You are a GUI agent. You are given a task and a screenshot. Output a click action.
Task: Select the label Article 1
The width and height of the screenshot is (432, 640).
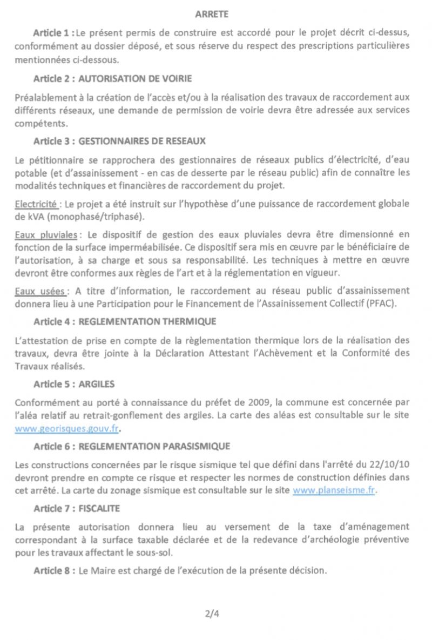(x=53, y=33)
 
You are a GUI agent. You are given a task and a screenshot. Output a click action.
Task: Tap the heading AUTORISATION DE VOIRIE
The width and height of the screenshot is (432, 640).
(x=135, y=79)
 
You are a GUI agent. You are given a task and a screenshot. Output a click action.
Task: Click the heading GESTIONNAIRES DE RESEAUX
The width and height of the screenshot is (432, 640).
(x=142, y=142)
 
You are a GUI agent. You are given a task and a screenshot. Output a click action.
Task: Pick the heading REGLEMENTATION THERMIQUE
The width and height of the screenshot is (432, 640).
(x=147, y=322)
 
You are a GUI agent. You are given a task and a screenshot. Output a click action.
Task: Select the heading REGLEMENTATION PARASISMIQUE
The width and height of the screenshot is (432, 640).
(x=154, y=446)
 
